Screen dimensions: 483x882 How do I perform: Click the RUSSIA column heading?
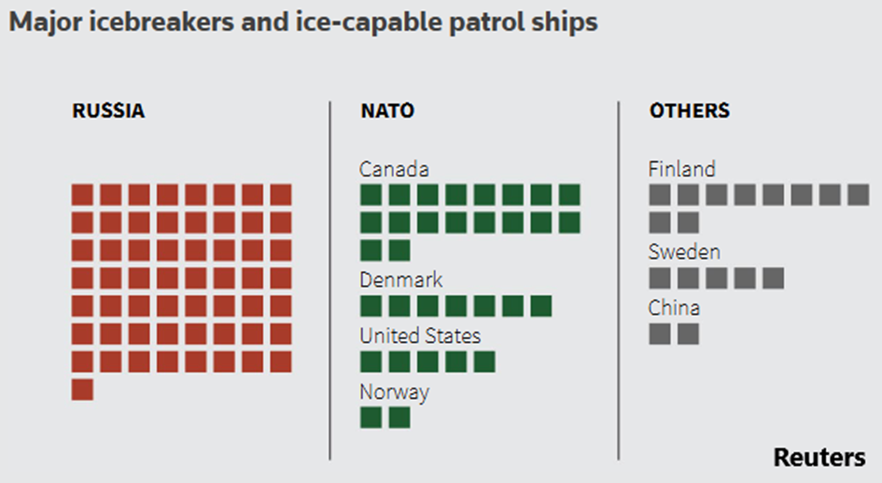[108, 111]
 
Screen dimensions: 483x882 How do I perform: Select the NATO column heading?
[387, 111]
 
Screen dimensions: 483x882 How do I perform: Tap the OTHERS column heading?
[690, 111]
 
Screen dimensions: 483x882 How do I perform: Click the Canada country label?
[394, 169]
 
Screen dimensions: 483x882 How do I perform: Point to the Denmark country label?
[401, 280]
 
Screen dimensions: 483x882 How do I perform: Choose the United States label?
[420, 335]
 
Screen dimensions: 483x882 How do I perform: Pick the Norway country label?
[394, 391]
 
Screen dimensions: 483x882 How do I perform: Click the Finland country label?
[682, 169]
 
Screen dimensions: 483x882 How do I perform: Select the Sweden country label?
[684, 252]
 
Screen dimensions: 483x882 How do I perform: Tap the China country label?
[674, 307]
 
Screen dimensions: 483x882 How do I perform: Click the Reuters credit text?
[819, 458]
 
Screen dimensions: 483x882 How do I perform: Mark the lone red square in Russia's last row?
[82, 390]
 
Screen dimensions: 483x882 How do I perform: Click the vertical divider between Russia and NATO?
[329, 280]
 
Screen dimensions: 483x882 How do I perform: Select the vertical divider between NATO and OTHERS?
[618, 280]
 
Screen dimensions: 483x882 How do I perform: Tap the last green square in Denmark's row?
[541, 306]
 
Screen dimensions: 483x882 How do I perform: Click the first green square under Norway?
[371, 418]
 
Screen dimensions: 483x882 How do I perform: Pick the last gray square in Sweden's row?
[773, 278]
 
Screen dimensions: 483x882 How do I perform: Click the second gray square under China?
[688, 334]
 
